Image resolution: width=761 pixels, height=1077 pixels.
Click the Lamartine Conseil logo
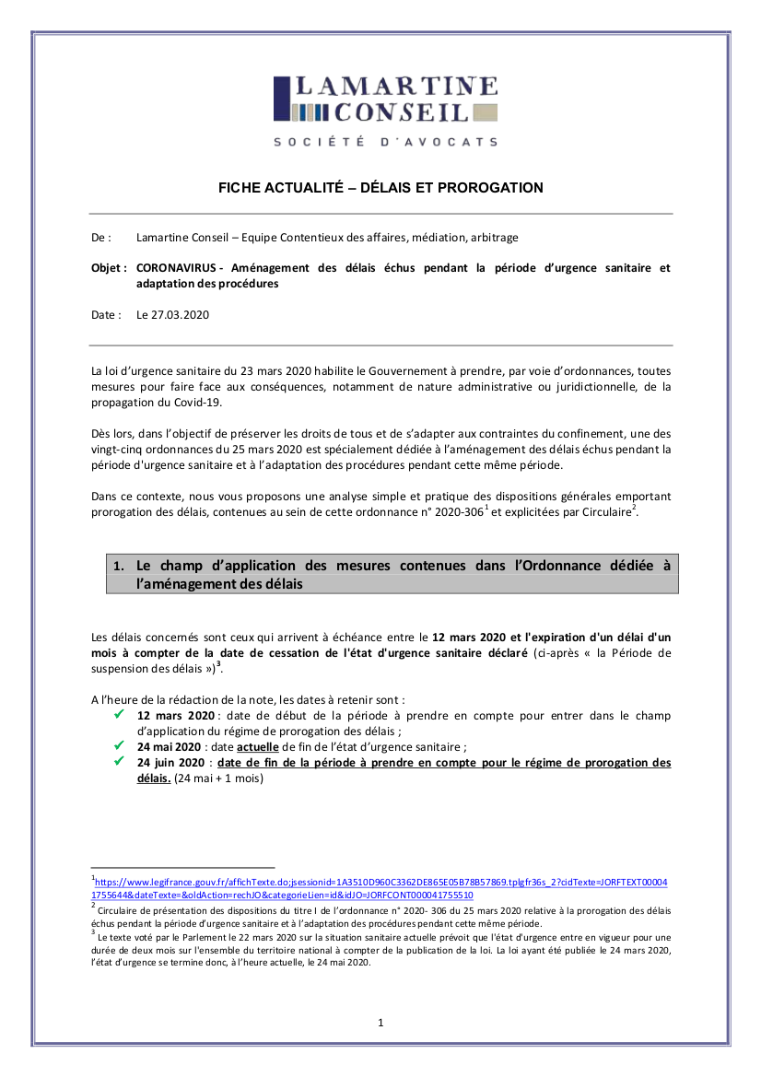click(x=385, y=100)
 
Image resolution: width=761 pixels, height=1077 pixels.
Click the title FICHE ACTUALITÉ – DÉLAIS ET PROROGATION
click(x=380, y=188)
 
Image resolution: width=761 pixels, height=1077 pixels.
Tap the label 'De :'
click(x=101, y=238)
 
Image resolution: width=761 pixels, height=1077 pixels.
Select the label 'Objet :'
click(x=110, y=268)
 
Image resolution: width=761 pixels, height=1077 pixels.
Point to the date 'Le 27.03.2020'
click(x=173, y=314)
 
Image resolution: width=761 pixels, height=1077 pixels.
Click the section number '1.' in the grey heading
click(x=118, y=567)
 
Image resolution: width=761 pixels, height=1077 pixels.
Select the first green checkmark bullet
click(x=118, y=714)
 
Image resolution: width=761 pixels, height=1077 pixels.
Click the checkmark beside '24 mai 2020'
click(x=118, y=745)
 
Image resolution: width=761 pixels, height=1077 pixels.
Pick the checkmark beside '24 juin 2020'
click(x=118, y=762)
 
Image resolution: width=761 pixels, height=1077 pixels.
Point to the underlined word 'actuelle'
click(x=258, y=746)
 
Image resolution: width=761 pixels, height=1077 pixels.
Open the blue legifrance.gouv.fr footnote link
click(x=380, y=888)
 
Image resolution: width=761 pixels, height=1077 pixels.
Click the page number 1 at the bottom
click(x=380, y=1023)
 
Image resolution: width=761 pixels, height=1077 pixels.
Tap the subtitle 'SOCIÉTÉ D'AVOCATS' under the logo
click(x=385, y=142)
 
